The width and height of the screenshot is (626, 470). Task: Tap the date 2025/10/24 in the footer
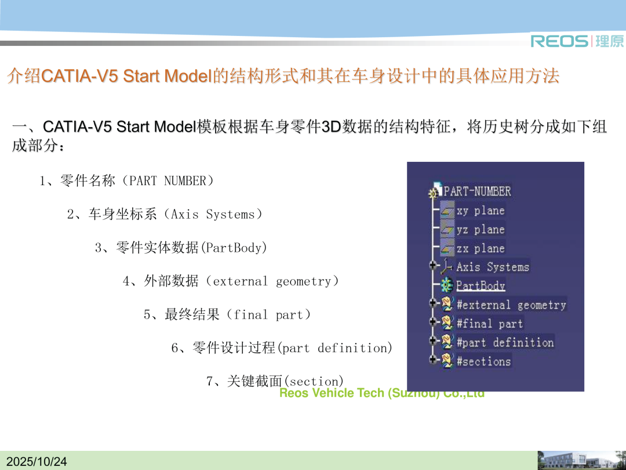(37, 462)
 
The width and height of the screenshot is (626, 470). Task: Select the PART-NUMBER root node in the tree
(477, 191)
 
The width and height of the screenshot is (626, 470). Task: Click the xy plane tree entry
(481, 211)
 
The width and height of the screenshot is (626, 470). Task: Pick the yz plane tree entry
(481, 229)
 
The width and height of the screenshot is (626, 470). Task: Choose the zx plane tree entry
(481, 248)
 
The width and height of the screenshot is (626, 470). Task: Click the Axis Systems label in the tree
(493, 267)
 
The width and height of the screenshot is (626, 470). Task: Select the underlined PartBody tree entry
(481, 285)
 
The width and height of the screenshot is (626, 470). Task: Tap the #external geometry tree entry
(511, 305)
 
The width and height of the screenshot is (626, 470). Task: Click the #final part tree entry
(490, 323)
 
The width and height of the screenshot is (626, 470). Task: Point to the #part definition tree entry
(505, 342)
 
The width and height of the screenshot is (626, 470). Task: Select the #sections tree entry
(484, 361)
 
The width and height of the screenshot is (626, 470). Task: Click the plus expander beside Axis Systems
(432, 265)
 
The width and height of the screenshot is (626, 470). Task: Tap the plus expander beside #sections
(432, 359)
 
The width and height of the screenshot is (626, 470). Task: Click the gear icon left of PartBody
(447, 285)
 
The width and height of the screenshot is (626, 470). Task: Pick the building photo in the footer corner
(581, 460)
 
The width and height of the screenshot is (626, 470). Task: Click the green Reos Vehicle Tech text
(381, 393)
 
